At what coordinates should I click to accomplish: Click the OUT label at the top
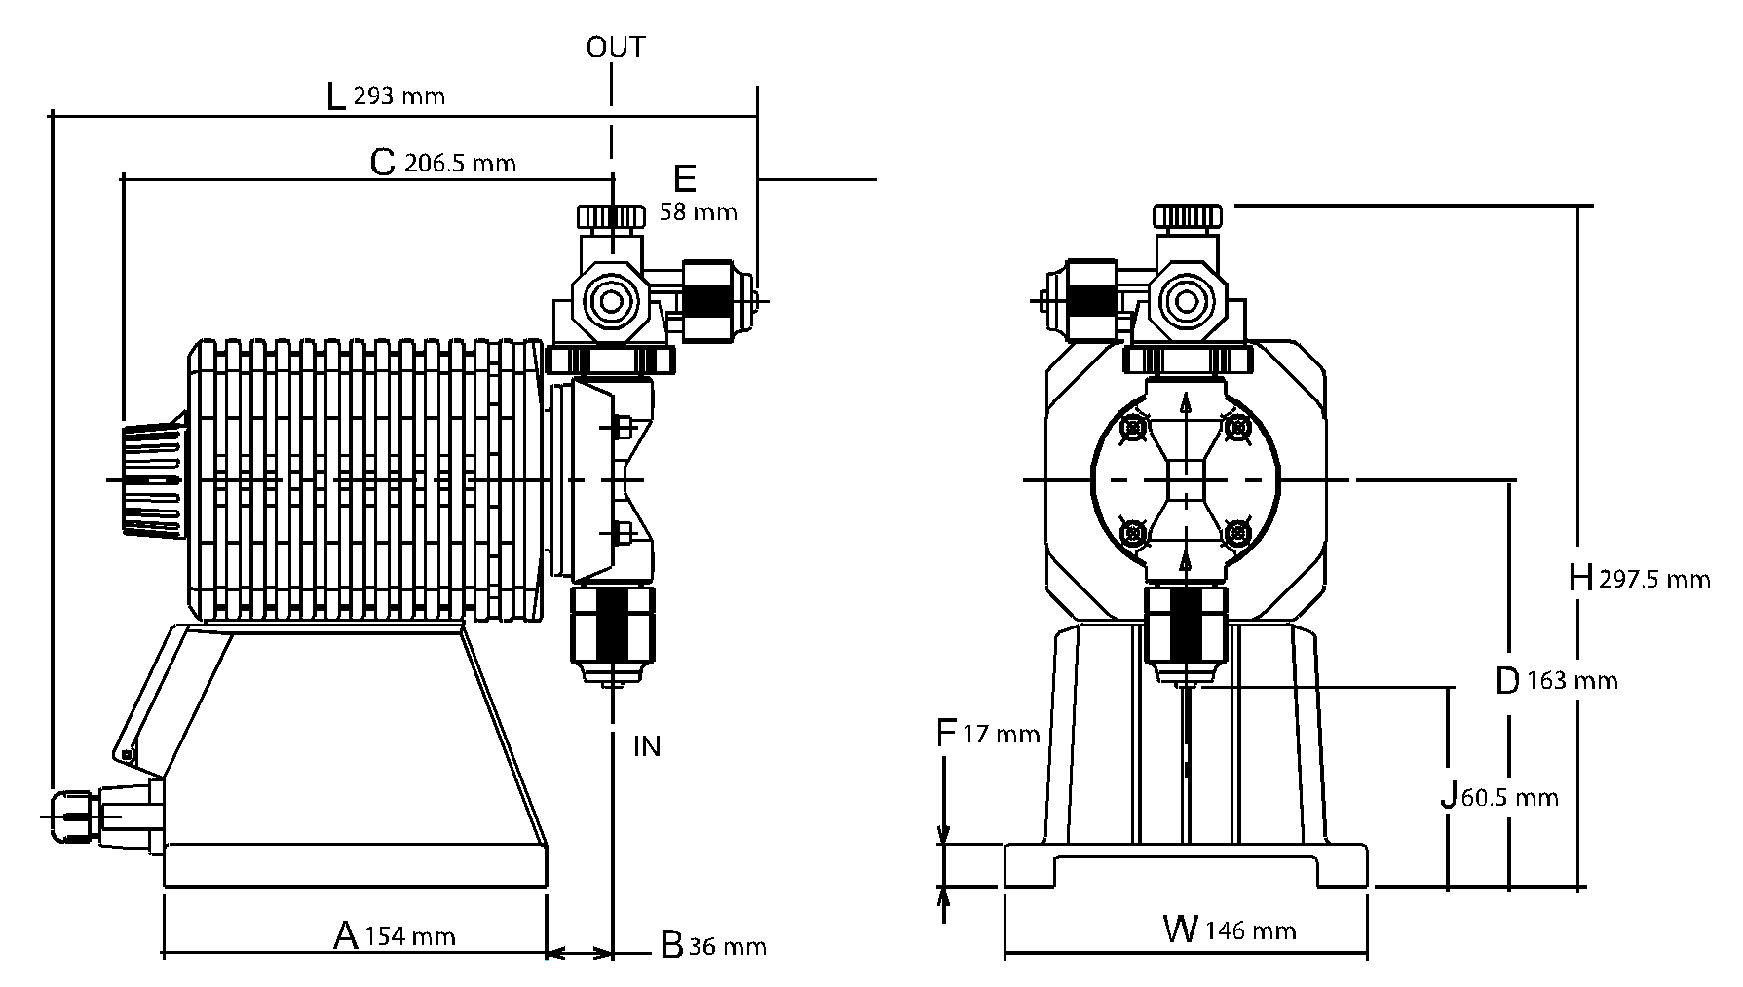click(x=615, y=47)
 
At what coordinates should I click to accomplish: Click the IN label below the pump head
click(x=647, y=746)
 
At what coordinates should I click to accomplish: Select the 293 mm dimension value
click(x=398, y=96)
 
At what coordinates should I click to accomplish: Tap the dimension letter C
click(x=383, y=162)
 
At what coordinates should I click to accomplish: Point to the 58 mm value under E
click(x=698, y=211)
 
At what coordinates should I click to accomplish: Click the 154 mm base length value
click(x=409, y=937)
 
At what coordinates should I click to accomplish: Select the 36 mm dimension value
click(x=727, y=946)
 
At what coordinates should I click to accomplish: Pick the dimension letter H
click(x=1580, y=579)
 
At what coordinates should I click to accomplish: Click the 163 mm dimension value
click(x=1572, y=680)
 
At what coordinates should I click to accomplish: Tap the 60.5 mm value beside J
click(x=1509, y=798)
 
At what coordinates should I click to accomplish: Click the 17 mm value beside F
click(x=1002, y=734)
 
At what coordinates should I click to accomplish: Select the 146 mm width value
click(x=1249, y=931)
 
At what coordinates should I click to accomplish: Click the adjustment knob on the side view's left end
click(x=153, y=479)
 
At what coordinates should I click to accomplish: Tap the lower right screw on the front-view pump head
click(x=1236, y=532)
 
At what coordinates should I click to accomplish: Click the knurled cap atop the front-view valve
click(x=1188, y=215)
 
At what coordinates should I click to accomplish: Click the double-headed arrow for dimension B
click(x=579, y=952)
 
